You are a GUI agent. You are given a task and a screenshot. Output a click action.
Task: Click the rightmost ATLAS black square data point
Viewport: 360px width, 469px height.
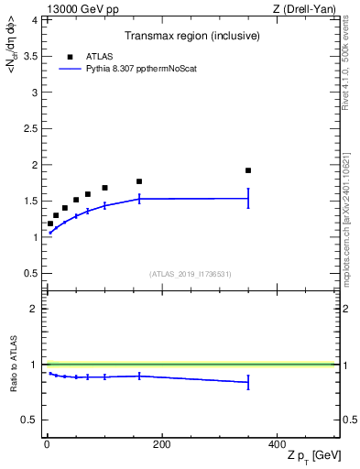coord(248,170)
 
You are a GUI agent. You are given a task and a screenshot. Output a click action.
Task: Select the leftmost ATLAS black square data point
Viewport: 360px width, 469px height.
coord(50,223)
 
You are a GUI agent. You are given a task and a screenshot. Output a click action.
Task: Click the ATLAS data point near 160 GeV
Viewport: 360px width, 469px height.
coord(139,181)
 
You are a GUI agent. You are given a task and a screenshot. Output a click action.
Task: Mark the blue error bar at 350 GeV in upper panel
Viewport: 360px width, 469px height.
coord(248,198)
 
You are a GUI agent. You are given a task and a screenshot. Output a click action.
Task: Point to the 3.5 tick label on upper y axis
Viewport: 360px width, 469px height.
coord(29,56)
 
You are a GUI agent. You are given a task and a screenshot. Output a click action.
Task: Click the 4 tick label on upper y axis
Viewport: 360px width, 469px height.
coord(34,19)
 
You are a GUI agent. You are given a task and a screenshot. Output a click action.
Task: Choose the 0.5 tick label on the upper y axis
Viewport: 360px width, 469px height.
coord(29,273)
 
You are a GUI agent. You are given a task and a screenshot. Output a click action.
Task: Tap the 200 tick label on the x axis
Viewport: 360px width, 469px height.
coord(161,445)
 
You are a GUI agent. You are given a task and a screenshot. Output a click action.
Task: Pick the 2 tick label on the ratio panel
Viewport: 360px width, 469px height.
coord(34,309)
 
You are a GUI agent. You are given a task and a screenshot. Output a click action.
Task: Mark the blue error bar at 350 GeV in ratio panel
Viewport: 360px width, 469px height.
coord(248,383)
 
